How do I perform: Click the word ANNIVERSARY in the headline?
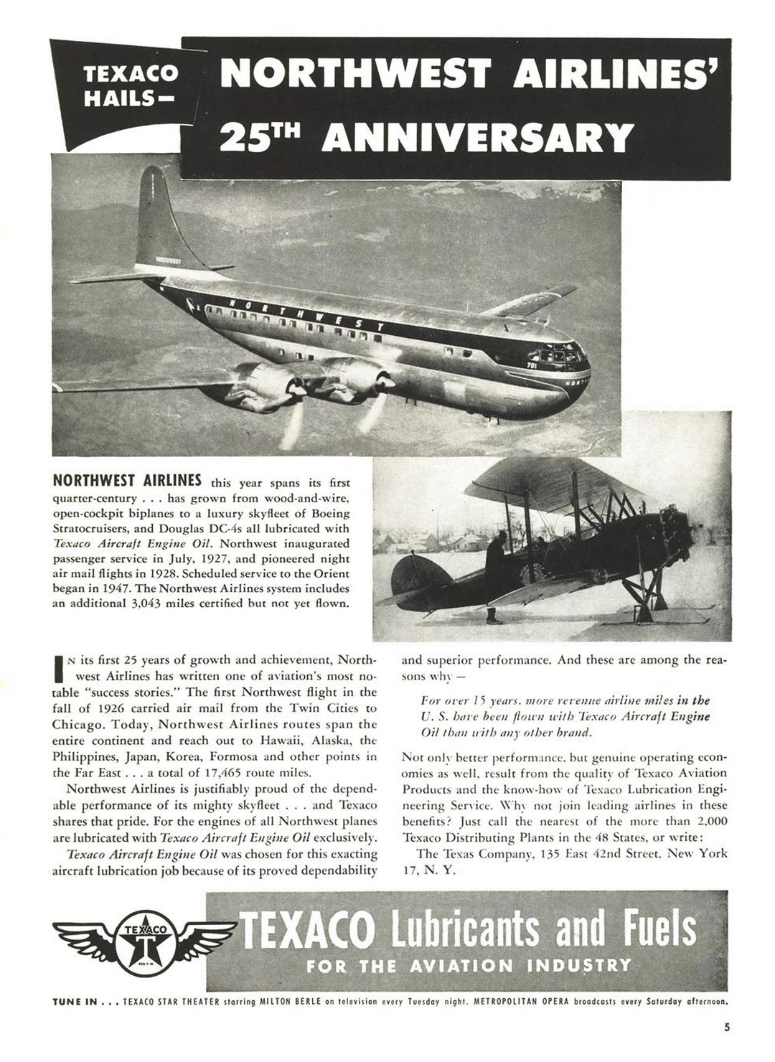477,137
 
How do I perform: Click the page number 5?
727,1047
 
